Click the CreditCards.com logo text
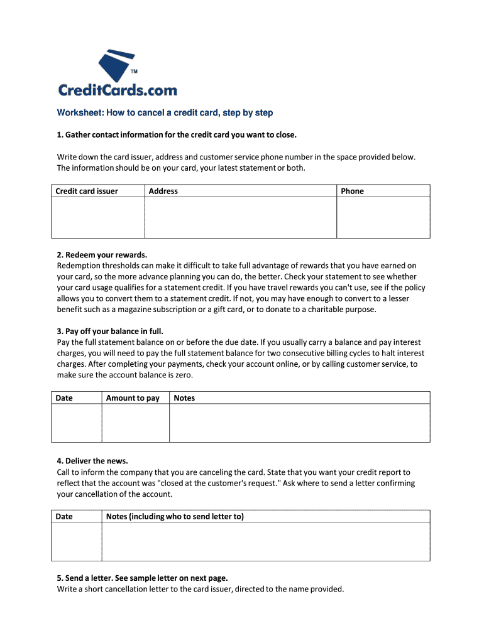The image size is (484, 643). point(118,90)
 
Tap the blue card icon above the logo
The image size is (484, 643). point(116,66)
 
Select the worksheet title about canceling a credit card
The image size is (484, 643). point(165,113)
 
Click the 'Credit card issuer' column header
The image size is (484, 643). point(87,191)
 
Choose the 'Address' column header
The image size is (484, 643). point(163,191)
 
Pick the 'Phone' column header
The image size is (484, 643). point(352,191)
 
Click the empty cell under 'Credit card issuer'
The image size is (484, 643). point(98,217)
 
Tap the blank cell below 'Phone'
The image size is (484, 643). point(383,217)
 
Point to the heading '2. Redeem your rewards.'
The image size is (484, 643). point(102,255)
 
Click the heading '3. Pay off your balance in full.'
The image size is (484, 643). point(114,331)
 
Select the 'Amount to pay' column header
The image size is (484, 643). point(133,398)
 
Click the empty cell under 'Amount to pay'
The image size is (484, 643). point(135,423)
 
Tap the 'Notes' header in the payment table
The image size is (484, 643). point(184,398)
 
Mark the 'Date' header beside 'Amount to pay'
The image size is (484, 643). point(64,398)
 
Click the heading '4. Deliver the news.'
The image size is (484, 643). point(96,461)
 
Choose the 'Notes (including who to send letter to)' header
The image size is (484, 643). point(175,517)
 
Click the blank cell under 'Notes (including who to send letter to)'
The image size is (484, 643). point(266,541)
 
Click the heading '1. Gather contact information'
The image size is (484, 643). point(177,135)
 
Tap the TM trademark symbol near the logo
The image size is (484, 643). point(134,72)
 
